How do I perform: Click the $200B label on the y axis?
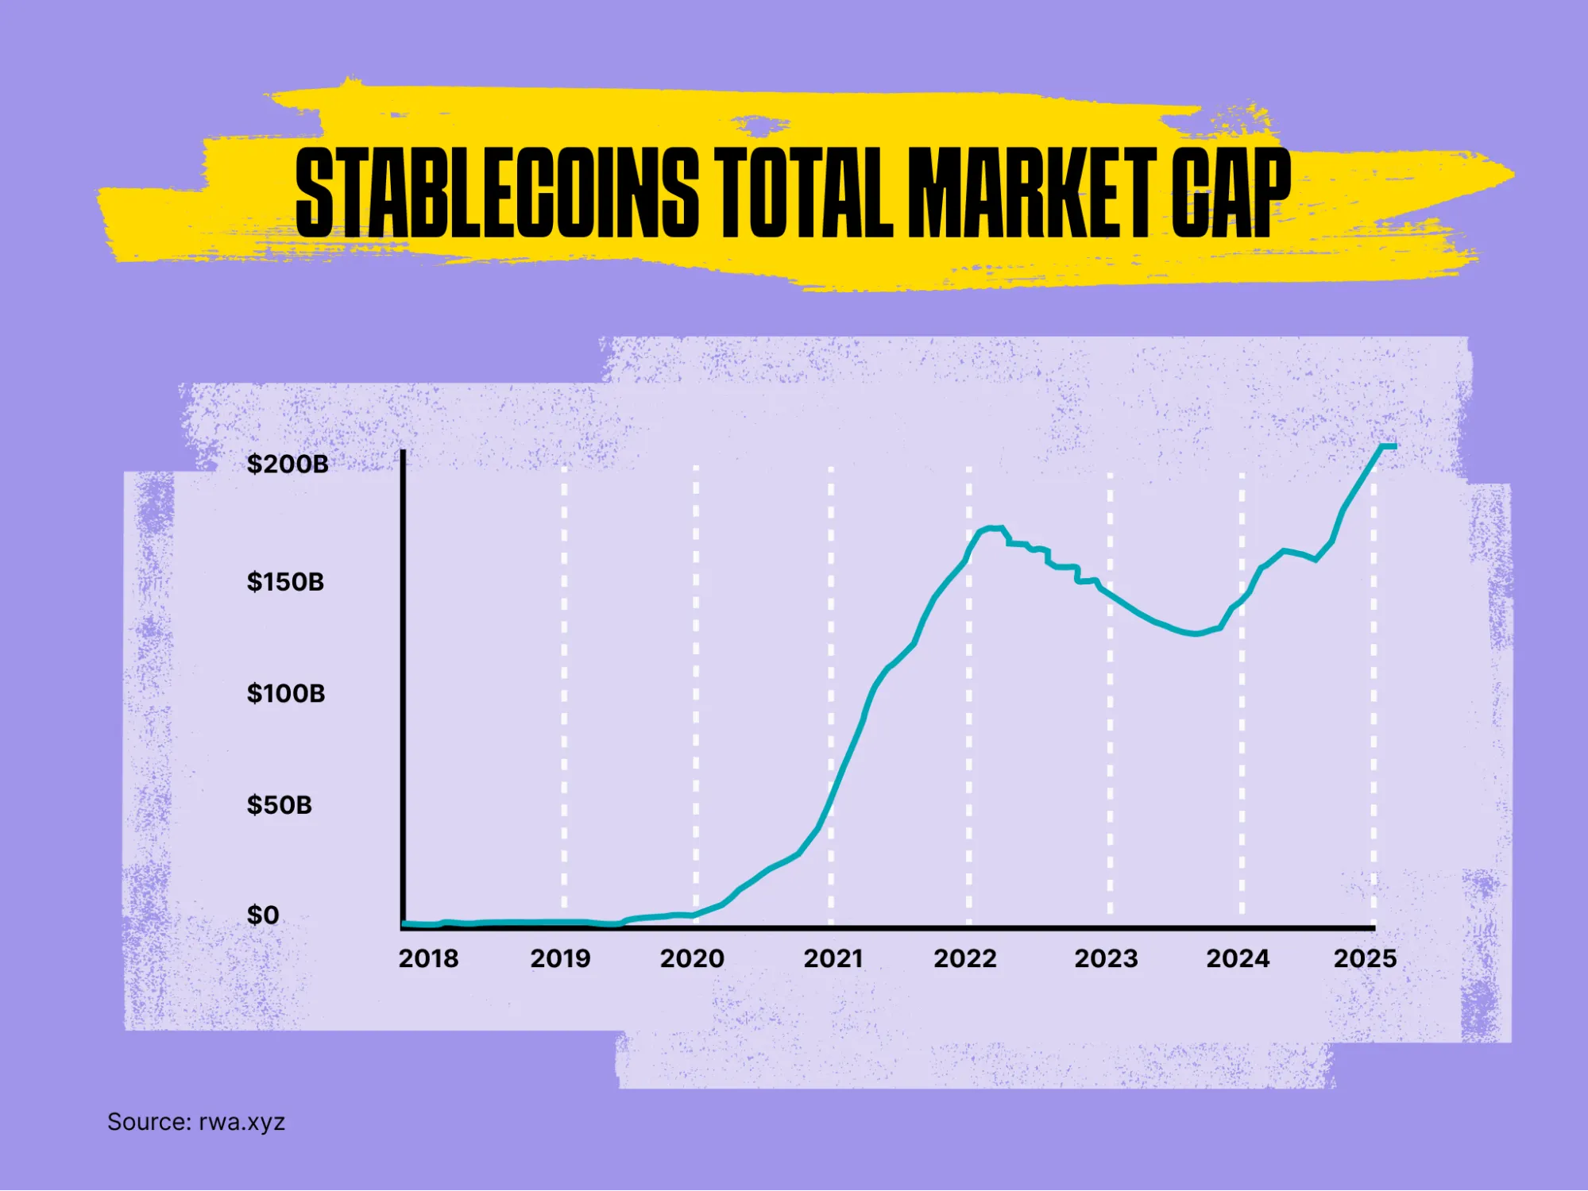pyautogui.click(x=288, y=464)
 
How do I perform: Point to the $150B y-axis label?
pyautogui.click(x=285, y=582)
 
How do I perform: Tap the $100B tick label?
pyautogui.click(x=286, y=693)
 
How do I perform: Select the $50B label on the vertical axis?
pyautogui.click(x=280, y=805)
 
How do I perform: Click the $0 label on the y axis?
pyautogui.click(x=263, y=915)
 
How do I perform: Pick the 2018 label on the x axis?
pyautogui.click(x=428, y=958)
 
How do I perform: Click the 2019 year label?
pyautogui.click(x=560, y=958)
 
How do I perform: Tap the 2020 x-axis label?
pyautogui.click(x=692, y=958)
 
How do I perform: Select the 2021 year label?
pyautogui.click(x=833, y=958)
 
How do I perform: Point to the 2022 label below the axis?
pyautogui.click(x=965, y=958)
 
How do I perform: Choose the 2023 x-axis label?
pyautogui.click(x=1106, y=958)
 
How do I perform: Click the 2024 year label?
pyautogui.click(x=1238, y=958)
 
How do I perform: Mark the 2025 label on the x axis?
pyautogui.click(x=1365, y=958)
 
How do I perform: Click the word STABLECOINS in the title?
pyautogui.click(x=497, y=192)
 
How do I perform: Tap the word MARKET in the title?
pyautogui.click(x=1030, y=192)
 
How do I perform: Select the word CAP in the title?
pyautogui.click(x=1231, y=192)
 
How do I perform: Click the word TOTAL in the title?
pyautogui.click(x=802, y=192)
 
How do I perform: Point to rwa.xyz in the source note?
pyautogui.click(x=241, y=1122)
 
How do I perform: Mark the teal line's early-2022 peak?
pyautogui.click(x=993, y=527)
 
